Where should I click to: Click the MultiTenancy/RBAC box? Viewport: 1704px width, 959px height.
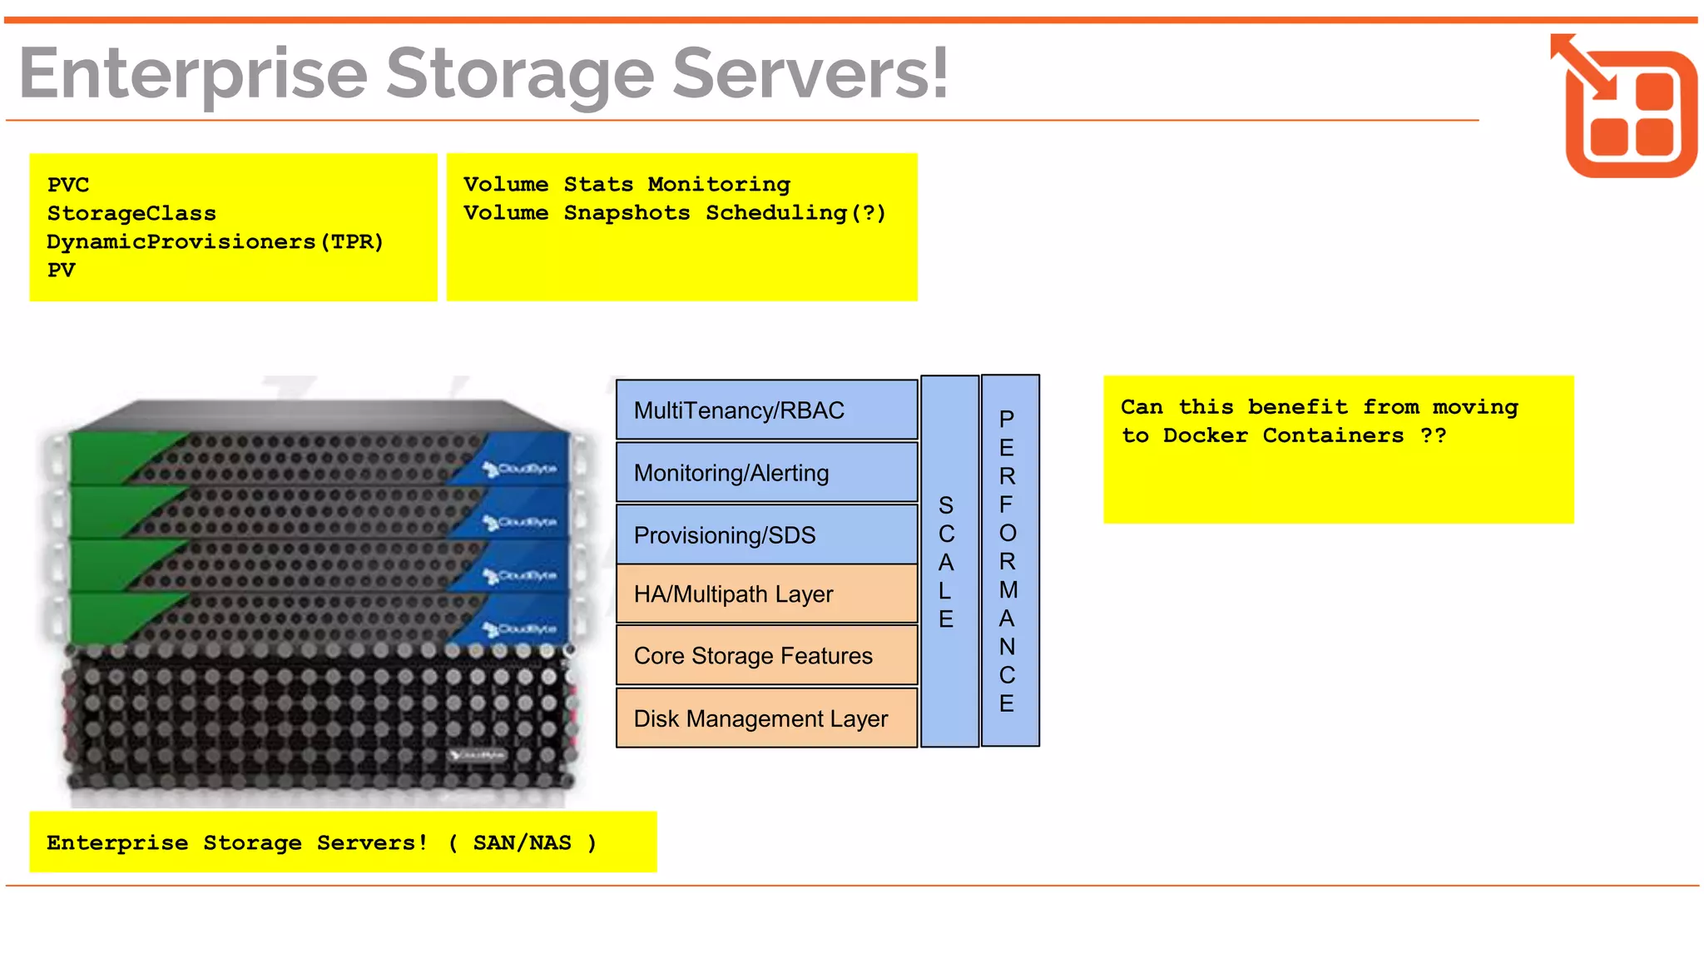[766, 410]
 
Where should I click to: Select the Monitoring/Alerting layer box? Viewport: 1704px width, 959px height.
[766, 472]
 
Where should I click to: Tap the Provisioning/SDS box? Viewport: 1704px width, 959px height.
[766, 534]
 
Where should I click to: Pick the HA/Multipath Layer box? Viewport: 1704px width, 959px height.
[766, 594]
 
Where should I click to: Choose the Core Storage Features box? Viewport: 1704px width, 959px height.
[766, 655]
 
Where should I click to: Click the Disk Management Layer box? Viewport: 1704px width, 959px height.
[766, 718]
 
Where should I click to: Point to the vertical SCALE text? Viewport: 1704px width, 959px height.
[946, 562]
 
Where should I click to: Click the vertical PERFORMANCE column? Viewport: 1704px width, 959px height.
[1008, 560]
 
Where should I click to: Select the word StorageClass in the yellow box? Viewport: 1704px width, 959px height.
[131, 214]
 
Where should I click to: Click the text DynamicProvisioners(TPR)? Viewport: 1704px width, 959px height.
[215, 242]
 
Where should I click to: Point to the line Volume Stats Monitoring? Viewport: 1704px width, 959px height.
[627, 184]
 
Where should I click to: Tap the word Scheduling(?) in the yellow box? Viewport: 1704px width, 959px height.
[795, 213]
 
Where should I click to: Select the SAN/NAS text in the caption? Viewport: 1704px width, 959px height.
[522, 842]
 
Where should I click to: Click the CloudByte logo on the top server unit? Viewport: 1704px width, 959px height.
[522, 470]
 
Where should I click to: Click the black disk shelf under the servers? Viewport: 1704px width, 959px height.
[320, 720]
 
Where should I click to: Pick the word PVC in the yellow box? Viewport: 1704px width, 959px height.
[68, 185]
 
